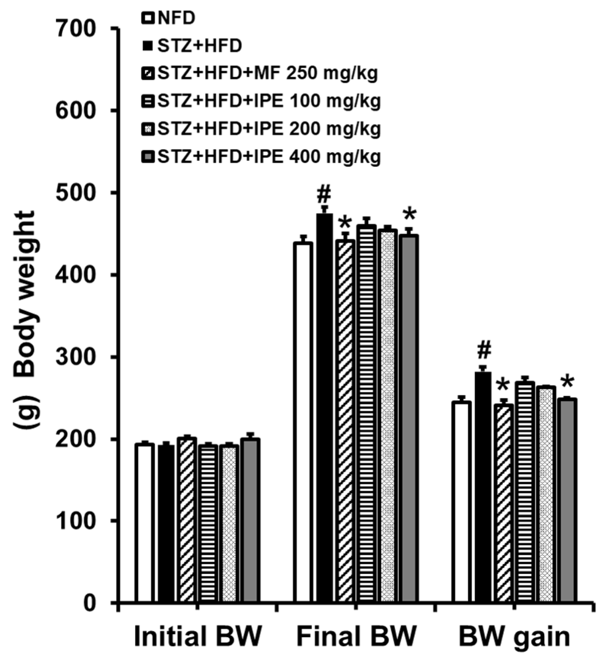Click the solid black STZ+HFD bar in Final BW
click(x=324, y=407)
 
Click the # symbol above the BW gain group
click(x=484, y=350)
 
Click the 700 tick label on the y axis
click(x=75, y=30)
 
